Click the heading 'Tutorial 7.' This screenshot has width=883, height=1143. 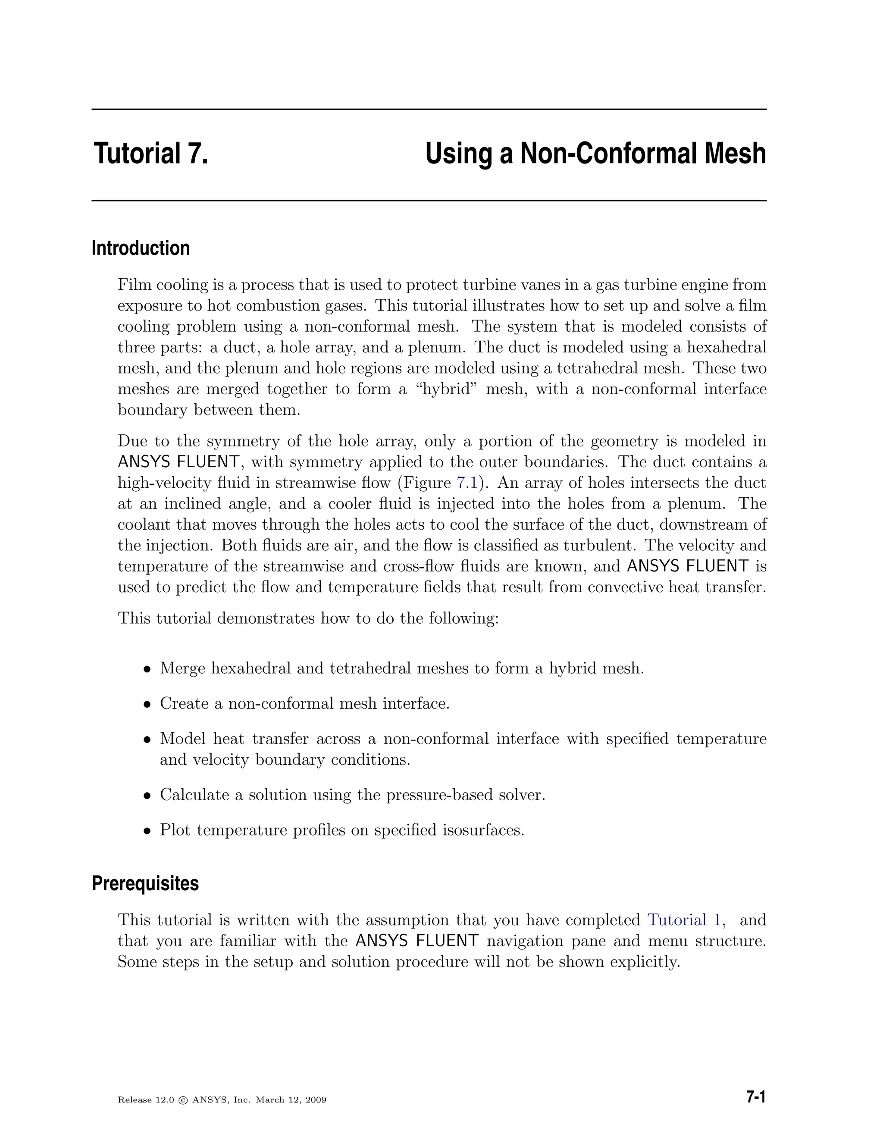click(x=150, y=154)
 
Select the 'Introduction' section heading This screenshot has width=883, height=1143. click(x=141, y=248)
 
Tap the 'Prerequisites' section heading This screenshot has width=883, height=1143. click(x=145, y=883)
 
